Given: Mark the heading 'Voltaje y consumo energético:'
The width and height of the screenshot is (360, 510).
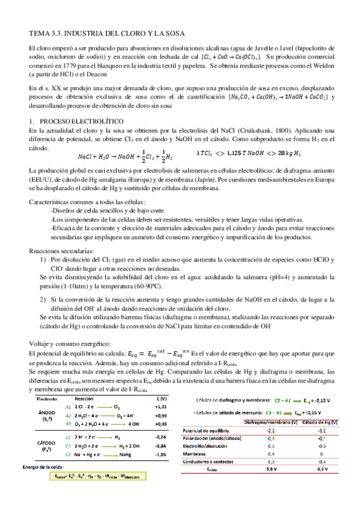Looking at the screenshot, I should (x=69, y=342).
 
